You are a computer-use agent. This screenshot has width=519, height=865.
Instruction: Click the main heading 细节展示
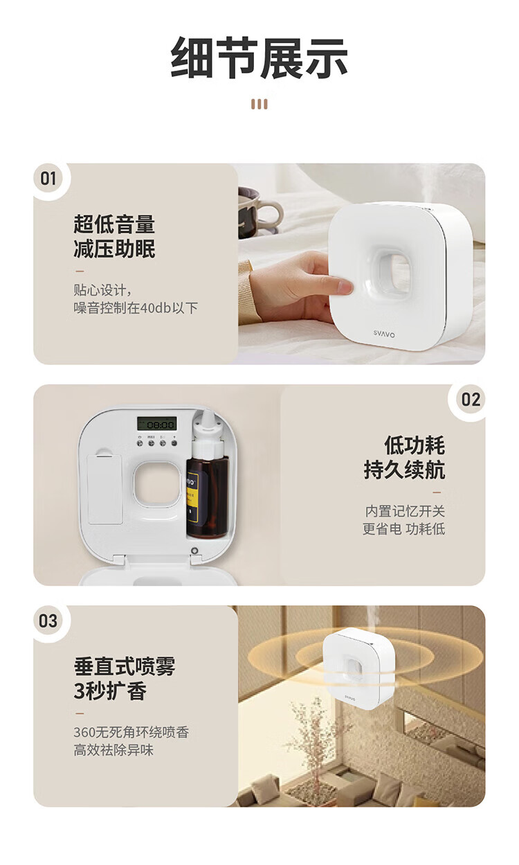click(x=259, y=58)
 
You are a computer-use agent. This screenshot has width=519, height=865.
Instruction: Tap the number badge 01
click(x=48, y=179)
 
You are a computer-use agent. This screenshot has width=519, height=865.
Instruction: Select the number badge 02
click(x=471, y=400)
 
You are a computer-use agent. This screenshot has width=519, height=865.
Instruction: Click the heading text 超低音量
click(x=114, y=224)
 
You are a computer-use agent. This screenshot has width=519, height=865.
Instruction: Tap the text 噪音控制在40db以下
click(x=136, y=307)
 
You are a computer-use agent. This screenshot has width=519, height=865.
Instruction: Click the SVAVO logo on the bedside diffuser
click(x=384, y=334)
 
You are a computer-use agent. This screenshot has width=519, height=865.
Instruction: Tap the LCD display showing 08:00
click(x=156, y=425)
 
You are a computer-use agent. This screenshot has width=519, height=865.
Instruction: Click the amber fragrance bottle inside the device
click(x=207, y=497)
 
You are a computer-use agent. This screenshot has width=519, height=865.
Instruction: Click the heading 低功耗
click(x=414, y=445)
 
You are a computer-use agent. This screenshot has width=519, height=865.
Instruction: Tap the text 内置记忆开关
click(x=405, y=511)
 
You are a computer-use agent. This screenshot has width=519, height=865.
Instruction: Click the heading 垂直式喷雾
click(x=125, y=666)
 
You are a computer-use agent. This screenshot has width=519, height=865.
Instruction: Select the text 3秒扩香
click(x=110, y=691)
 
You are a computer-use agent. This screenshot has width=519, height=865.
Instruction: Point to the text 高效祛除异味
click(x=113, y=750)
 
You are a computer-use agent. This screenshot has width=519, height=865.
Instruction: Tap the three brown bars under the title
click(x=259, y=105)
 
